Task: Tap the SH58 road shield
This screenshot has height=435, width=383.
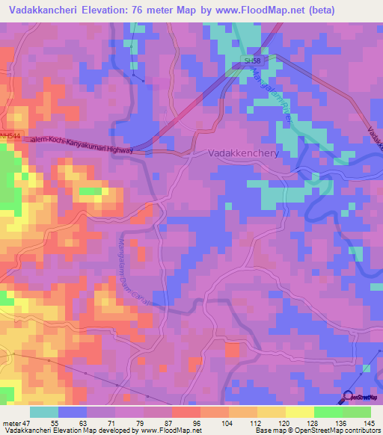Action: pyautogui.click(x=251, y=60)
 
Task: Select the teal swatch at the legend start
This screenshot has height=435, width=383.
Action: pyautogui.click(x=44, y=412)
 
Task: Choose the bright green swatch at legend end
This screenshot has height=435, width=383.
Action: pyautogui.click(x=357, y=412)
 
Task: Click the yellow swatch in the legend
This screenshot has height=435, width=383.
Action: pyautogui.click(x=300, y=412)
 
